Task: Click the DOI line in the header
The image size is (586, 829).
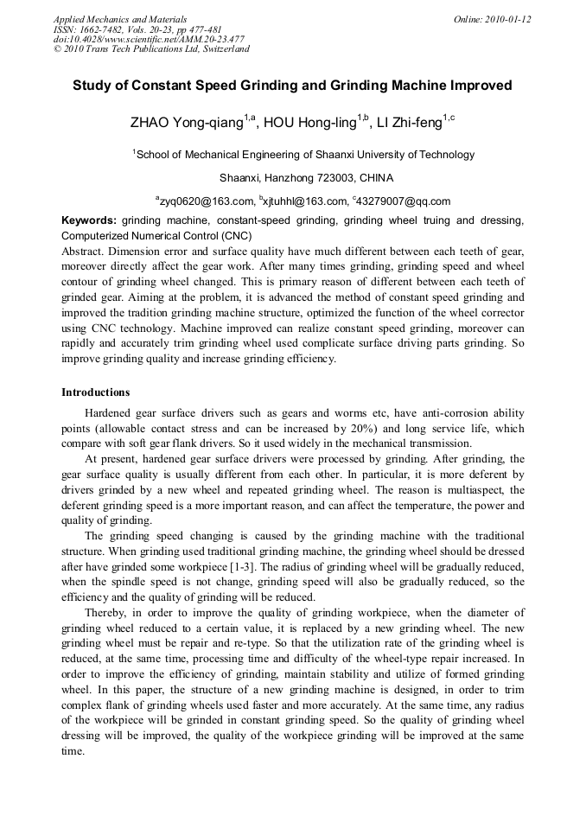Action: click(149, 39)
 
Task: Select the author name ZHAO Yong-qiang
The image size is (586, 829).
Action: click(186, 123)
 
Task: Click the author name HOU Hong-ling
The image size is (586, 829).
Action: click(309, 123)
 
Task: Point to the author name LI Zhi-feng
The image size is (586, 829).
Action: click(410, 123)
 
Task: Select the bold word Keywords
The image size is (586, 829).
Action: click(89, 221)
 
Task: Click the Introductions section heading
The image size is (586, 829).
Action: click(96, 392)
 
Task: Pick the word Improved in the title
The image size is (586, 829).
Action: click(481, 86)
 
